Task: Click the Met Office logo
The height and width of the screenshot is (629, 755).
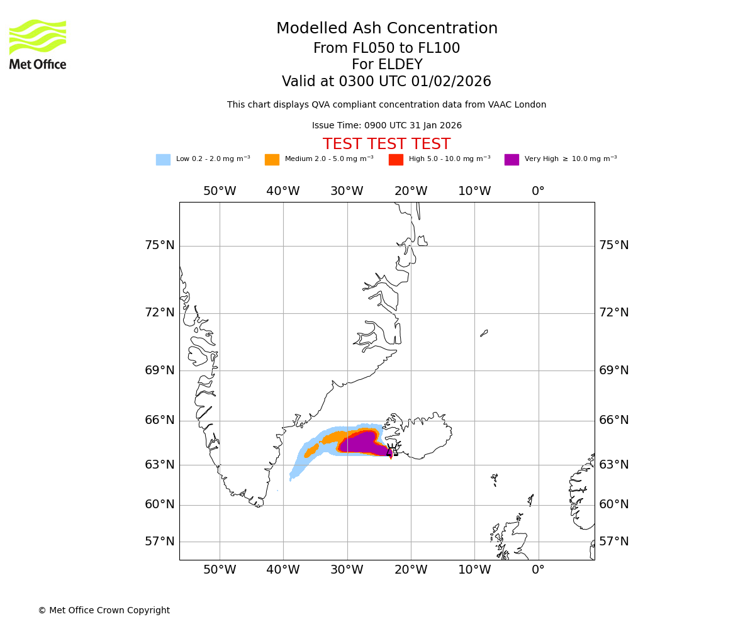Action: coord(38,44)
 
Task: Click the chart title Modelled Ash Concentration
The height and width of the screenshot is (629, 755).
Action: coord(387,29)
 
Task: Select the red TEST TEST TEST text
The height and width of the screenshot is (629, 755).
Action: coord(386,145)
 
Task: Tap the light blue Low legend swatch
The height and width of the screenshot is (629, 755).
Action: coord(163,160)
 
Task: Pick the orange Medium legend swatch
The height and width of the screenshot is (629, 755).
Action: coord(272,160)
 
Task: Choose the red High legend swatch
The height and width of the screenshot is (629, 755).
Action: coord(396,160)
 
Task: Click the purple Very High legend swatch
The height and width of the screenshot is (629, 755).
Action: coord(512,160)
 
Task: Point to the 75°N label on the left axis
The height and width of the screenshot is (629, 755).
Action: coord(160,245)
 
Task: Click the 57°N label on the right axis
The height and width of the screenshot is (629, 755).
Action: coord(613,542)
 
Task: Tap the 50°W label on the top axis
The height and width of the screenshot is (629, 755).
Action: coord(220,191)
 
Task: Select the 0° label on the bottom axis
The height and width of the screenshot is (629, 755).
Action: coord(538,571)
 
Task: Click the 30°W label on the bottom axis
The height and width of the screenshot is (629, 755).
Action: coord(347,571)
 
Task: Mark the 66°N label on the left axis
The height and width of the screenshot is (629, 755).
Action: coord(160,420)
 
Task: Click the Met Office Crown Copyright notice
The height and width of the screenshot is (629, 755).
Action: coord(104,611)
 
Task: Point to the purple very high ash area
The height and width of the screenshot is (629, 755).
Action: coord(359,442)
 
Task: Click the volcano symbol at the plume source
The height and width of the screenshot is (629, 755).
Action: coord(391,450)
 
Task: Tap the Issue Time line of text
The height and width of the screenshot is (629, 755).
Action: coord(386,126)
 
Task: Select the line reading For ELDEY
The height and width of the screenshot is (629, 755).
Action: coord(386,65)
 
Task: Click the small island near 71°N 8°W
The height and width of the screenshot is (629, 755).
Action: coord(484,333)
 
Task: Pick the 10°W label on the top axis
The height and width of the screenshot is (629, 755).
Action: coord(474,191)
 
